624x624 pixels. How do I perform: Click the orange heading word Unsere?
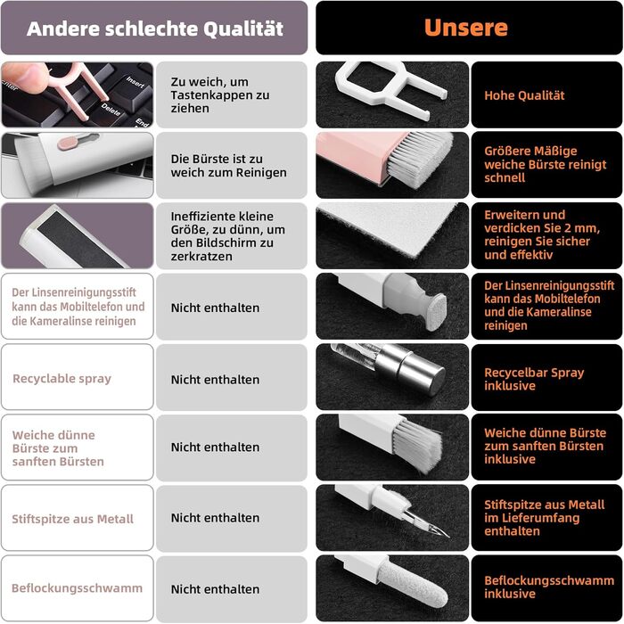[466, 28]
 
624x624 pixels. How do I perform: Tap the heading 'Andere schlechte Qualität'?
[155, 29]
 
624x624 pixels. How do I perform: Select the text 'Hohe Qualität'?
[524, 95]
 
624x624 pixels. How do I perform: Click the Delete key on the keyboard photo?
[111, 110]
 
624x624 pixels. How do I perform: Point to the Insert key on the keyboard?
[135, 82]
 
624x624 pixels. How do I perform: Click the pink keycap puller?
[78, 92]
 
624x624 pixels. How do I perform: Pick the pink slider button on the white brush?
[70, 143]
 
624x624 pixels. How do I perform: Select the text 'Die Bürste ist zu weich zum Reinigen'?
[228, 166]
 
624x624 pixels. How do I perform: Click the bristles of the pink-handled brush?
[419, 154]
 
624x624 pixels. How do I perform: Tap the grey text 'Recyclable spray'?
[62, 379]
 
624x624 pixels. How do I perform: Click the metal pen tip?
[428, 521]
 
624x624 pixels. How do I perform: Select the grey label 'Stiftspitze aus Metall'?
[72, 519]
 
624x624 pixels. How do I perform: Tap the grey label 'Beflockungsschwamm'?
[77, 588]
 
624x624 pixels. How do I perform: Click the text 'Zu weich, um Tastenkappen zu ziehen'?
[220, 95]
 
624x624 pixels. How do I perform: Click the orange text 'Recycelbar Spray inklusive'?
[534, 379]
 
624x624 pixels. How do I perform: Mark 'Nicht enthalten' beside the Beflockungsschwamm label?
[215, 589]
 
